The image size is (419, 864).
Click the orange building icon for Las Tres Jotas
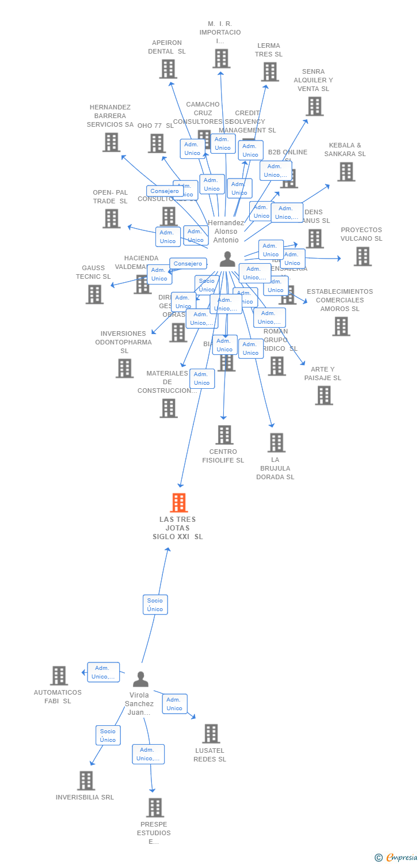point(179,503)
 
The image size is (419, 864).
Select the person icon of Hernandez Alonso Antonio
point(227,259)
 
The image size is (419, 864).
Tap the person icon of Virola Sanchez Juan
point(140,680)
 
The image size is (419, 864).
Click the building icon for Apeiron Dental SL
point(167,69)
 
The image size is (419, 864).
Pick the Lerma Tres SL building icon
point(269,72)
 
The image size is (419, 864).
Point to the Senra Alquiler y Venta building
point(314,107)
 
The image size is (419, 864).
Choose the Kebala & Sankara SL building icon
point(345,172)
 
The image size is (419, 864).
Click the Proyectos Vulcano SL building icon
point(362,256)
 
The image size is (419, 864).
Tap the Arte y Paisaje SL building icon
point(323,395)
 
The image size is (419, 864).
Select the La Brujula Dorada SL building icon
point(276,442)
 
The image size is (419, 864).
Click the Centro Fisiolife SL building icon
point(224,435)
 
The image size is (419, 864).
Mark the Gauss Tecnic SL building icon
point(94,294)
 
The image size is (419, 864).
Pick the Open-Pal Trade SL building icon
point(112,218)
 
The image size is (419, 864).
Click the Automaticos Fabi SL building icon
point(59,676)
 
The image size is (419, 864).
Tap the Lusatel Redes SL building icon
point(211,734)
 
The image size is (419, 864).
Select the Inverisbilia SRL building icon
point(86,780)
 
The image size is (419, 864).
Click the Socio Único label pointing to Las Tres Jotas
point(155,605)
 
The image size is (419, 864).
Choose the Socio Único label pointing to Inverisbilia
point(108,736)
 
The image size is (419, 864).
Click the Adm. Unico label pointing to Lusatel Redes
point(174,704)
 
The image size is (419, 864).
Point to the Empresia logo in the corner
point(397,858)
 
